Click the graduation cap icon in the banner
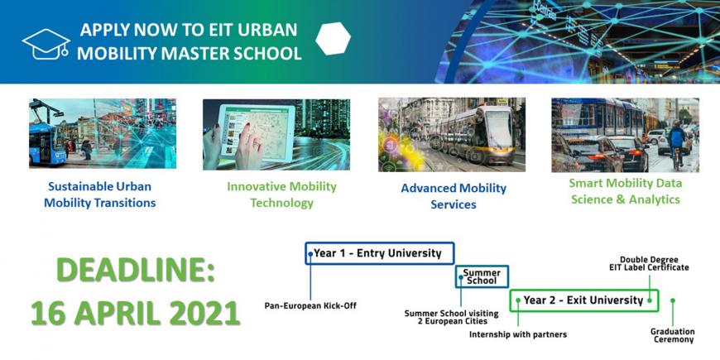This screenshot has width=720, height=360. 46,44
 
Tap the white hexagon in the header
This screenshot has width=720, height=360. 334,39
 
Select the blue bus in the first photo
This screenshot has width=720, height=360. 47,137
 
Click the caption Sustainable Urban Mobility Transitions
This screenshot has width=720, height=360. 99,194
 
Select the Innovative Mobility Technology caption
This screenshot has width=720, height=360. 281,194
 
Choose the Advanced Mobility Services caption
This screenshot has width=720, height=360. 454,196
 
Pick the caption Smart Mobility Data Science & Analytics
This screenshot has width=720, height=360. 626,191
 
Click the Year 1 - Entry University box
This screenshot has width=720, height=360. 380,253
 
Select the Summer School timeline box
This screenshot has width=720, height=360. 482,276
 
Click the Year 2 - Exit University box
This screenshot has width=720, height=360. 584,300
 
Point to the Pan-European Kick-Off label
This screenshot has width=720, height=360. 310,305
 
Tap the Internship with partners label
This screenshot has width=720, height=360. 518,334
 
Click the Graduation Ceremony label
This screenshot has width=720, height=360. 672,336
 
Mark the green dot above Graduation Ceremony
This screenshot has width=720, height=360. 673,300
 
